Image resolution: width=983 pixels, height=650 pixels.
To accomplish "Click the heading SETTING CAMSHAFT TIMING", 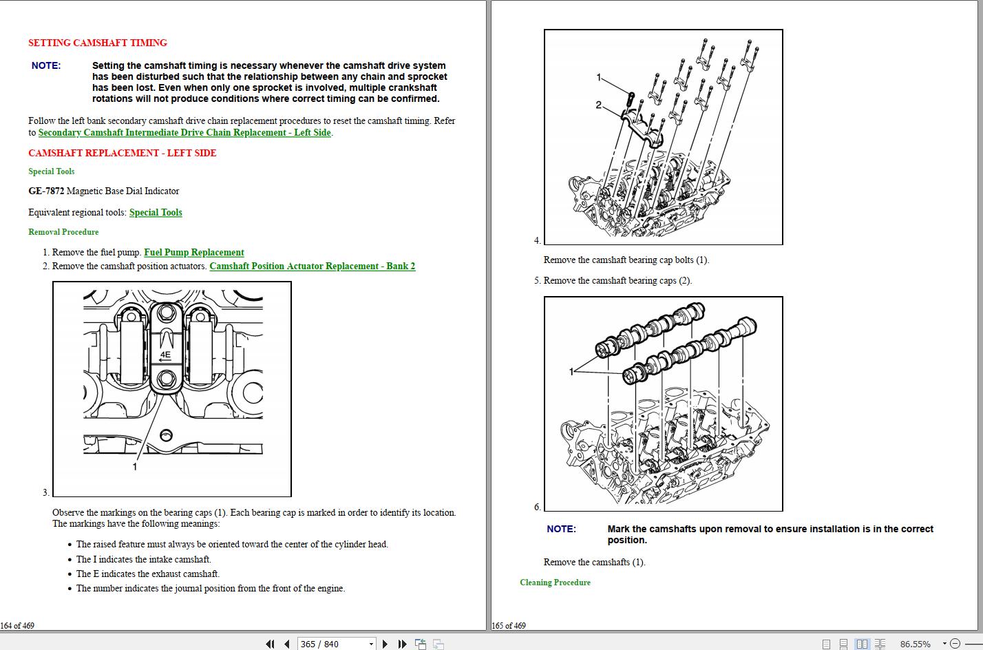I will click(x=97, y=43).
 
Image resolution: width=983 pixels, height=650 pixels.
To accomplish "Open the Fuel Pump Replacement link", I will click(x=193, y=253).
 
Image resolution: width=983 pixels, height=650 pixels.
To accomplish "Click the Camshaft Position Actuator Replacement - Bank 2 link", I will click(x=312, y=266).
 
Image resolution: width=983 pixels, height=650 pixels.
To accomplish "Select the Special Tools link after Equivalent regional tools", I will click(x=156, y=213).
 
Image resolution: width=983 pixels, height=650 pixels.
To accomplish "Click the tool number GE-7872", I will click(x=45, y=191).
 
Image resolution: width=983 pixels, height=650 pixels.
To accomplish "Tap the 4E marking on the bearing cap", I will click(x=165, y=355).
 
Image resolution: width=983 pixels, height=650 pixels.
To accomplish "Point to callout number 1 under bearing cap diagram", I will click(x=135, y=467).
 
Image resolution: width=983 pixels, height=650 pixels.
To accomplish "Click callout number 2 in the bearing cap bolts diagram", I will click(x=598, y=105).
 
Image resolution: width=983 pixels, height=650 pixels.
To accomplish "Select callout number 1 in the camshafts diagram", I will click(x=571, y=372).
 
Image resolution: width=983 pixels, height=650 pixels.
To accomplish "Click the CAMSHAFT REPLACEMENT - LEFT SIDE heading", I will click(x=122, y=153).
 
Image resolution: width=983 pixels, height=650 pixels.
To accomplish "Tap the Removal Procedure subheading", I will click(x=63, y=232).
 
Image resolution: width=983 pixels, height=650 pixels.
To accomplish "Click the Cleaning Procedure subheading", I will click(x=555, y=583).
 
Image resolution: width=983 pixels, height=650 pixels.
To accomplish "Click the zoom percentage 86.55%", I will click(x=914, y=644).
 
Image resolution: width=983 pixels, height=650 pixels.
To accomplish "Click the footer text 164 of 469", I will click(x=17, y=626).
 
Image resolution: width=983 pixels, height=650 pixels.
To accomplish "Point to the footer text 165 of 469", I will click(x=509, y=626).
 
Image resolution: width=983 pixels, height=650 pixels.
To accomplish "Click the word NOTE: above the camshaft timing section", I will click(x=46, y=66).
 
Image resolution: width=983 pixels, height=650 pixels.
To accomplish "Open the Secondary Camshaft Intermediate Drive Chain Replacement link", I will click(x=184, y=133).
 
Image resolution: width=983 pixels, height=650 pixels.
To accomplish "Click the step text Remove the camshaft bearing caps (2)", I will click(x=617, y=281).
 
